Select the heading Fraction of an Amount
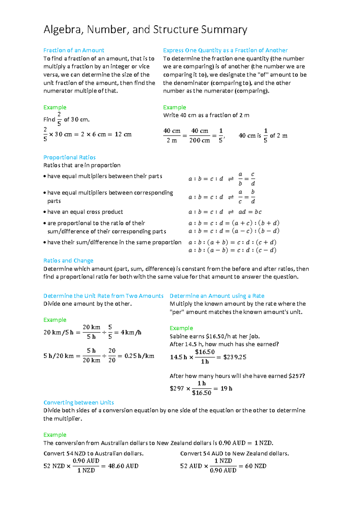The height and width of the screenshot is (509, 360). tap(74, 50)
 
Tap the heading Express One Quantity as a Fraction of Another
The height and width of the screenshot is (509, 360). tap(225, 50)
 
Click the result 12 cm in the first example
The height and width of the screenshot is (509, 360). tap(123, 134)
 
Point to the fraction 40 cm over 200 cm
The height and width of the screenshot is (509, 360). tap(199, 135)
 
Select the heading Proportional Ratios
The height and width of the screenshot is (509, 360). tap(69, 157)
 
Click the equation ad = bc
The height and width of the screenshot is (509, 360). tap(250, 212)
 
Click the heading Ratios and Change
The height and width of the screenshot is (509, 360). tap(68, 261)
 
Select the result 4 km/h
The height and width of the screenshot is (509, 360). tap(131, 332)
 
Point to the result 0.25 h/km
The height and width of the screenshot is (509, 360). tap(139, 356)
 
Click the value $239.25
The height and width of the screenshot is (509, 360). tap(235, 357)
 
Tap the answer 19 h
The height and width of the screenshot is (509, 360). tap(226, 388)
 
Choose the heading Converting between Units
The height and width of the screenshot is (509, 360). tap(79, 402)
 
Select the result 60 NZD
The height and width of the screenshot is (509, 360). tap(256, 466)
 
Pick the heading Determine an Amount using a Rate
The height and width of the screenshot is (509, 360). tap(217, 296)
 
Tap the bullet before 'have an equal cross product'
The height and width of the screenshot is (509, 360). tap(45, 212)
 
